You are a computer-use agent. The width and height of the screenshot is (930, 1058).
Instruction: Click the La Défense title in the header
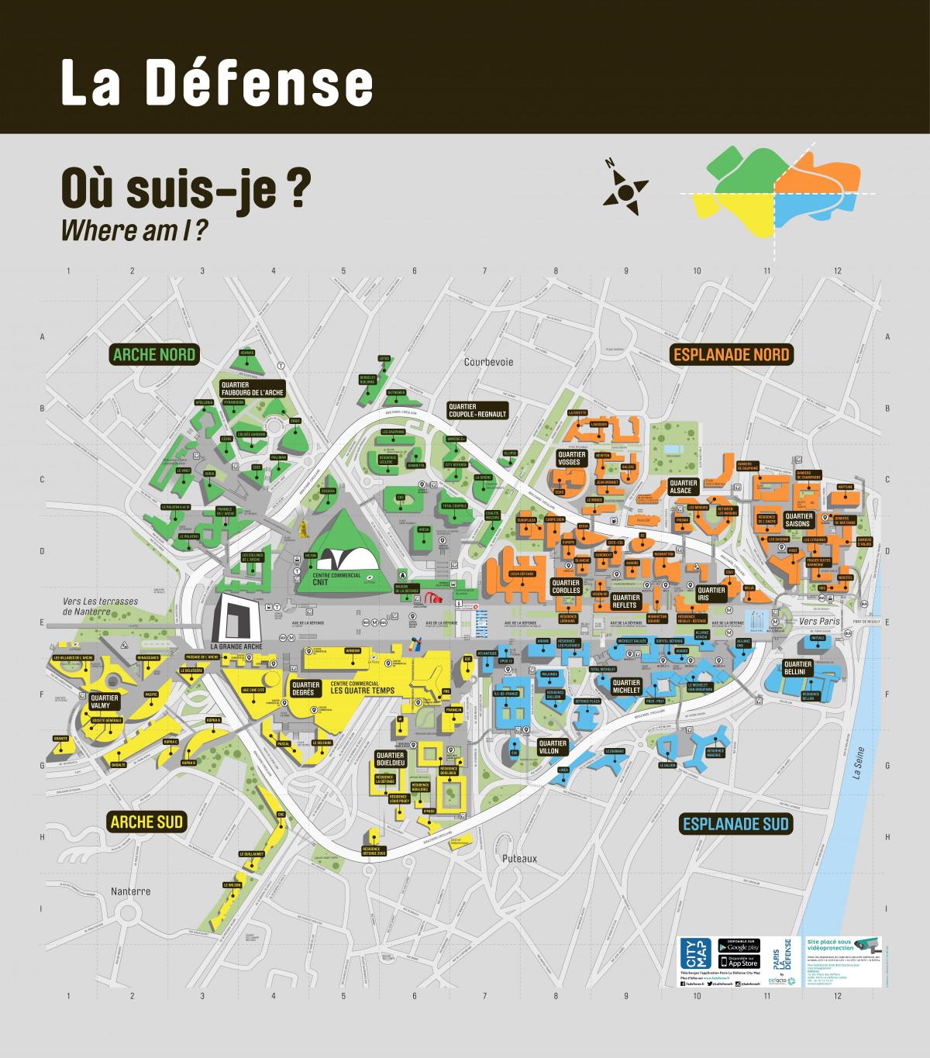click(x=217, y=84)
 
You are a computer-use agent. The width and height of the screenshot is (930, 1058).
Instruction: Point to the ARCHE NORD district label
click(x=154, y=355)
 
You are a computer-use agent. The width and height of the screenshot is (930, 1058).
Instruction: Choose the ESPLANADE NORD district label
click(x=731, y=355)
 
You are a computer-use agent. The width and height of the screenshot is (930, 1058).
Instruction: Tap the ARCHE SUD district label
click(x=146, y=822)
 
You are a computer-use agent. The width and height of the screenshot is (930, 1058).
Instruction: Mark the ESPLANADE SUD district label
click(x=735, y=823)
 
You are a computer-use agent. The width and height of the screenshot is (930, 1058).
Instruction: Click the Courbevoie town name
click(x=489, y=362)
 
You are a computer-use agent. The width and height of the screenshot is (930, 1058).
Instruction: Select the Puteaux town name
click(x=518, y=859)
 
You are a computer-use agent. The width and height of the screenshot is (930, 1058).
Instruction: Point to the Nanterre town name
click(x=129, y=891)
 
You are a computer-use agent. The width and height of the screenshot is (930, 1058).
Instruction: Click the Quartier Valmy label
click(x=105, y=701)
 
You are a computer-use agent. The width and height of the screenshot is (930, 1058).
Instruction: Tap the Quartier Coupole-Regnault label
click(x=477, y=410)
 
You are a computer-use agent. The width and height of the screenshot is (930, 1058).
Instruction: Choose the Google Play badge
click(x=739, y=946)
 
